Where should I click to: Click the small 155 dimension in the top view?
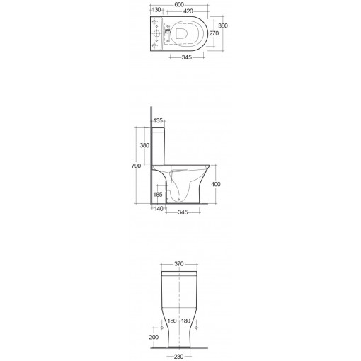click(x=167, y=32)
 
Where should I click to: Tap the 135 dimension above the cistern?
click(x=159, y=120)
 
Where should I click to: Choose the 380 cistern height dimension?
click(x=146, y=146)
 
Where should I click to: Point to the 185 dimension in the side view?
click(x=158, y=193)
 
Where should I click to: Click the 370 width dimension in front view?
click(x=179, y=264)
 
